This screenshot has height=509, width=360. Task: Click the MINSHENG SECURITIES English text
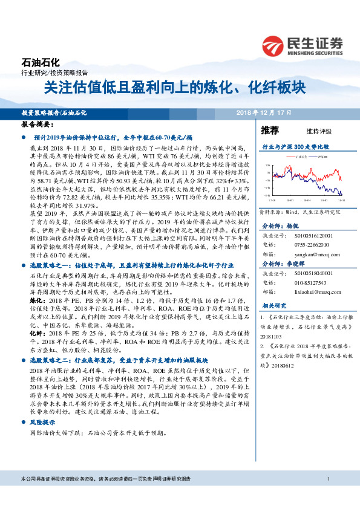tap(316, 53)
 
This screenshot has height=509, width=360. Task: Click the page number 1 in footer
tap(327, 479)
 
